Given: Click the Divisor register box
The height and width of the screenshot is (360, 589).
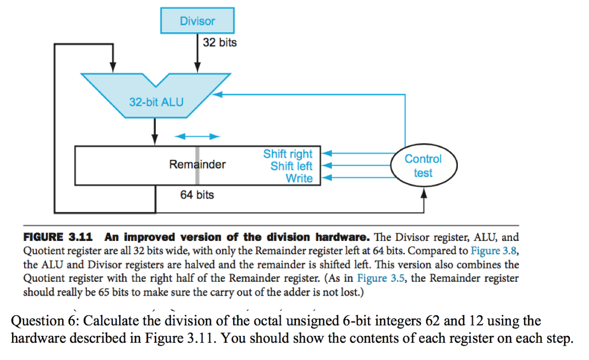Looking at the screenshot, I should [x=197, y=21].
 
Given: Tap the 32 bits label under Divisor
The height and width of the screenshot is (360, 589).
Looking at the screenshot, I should [x=219, y=43].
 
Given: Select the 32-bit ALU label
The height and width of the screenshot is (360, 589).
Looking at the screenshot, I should [x=156, y=102].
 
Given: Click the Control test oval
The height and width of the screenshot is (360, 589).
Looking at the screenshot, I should [x=423, y=166].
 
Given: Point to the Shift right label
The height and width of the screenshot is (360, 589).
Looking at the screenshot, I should [x=288, y=154].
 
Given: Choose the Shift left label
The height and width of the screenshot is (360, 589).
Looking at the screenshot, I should [x=292, y=166].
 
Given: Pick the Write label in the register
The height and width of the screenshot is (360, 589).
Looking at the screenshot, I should [x=299, y=178].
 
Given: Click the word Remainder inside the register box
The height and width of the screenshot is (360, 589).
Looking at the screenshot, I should [x=197, y=165].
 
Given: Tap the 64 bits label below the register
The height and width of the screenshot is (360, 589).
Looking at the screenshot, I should [x=197, y=195].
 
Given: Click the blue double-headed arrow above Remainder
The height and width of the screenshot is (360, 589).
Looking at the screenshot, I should [x=197, y=136].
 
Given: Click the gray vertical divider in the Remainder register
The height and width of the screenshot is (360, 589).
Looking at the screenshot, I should [x=197, y=165].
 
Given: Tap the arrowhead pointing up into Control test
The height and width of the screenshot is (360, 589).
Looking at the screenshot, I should [x=424, y=194].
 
